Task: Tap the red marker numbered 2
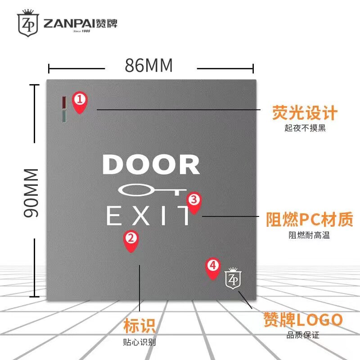[x=130, y=240]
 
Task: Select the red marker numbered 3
[x=193, y=202]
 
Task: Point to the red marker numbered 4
[x=213, y=267]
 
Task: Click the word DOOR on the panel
[x=151, y=165]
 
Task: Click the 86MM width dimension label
[x=148, y=66]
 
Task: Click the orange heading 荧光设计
[x=304, y=113]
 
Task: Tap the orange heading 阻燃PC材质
[x=308, y=220]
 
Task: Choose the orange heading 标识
[x=139, y=325]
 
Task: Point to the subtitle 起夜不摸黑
[x=305, y=128]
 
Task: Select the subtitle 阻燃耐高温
[x=309, y=235]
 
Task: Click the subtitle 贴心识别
[x=139, y=342]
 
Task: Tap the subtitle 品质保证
[x=303, y=335]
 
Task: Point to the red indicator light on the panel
[x=64, y=102]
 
